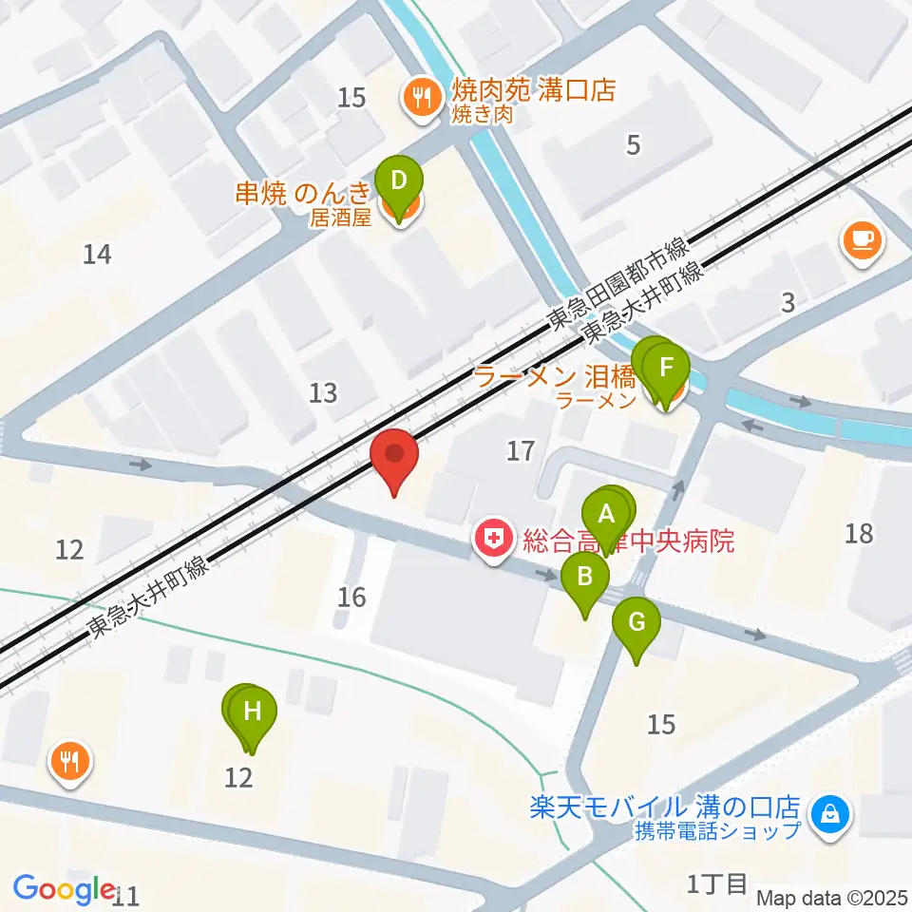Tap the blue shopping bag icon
830,813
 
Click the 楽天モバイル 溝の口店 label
665,807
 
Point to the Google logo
65,889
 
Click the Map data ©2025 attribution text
832,897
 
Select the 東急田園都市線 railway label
617,284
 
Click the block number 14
97,254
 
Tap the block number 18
858,533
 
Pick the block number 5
634,144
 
